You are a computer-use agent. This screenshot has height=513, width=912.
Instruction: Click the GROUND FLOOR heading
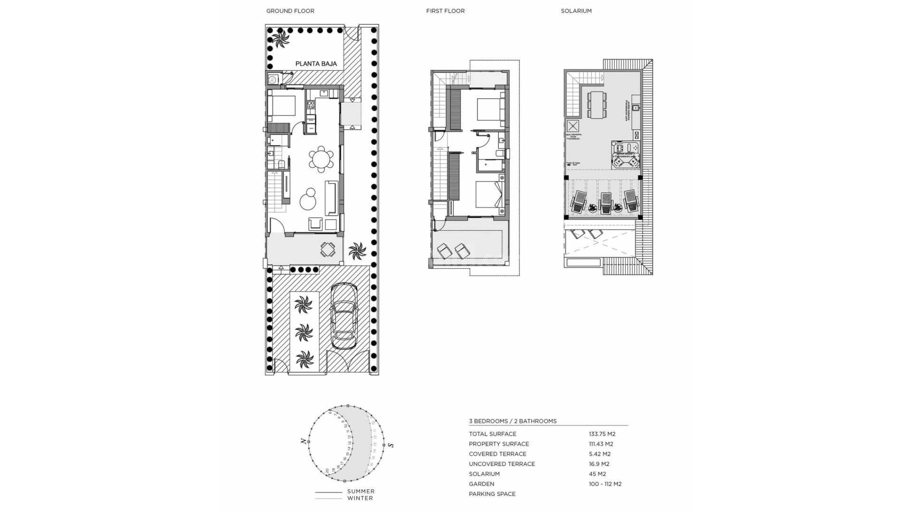(290, 11)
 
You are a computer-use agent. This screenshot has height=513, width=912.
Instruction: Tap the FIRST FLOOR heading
(445, 11)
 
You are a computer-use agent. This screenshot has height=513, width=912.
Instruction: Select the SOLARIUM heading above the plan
(576, 11)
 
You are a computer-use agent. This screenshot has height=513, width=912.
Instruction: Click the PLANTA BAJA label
(316, 64)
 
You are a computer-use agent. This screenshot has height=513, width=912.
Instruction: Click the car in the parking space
(343, 316)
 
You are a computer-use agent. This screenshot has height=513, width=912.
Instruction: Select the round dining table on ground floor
(321, 159)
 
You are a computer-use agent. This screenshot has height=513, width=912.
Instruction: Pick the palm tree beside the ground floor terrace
(357, 250)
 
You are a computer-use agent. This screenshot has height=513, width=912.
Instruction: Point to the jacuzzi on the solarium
(626, 155)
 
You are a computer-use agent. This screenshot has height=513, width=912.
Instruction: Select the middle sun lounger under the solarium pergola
(606, 202)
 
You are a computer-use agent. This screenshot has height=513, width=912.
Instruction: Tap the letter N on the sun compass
(304, 442)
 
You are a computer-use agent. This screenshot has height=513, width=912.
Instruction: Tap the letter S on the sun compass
(390, 445)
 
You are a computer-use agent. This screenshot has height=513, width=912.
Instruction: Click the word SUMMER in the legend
(361, 492)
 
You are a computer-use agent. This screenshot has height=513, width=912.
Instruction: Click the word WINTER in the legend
(360, 498)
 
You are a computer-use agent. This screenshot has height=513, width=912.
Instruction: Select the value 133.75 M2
(602, 434)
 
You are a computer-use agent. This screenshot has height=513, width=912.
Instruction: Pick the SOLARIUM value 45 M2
(597, 474)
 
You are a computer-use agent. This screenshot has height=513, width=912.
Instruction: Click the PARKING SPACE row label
(492, 494)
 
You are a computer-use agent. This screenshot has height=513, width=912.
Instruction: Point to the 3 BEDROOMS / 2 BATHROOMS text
(513, 421)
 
